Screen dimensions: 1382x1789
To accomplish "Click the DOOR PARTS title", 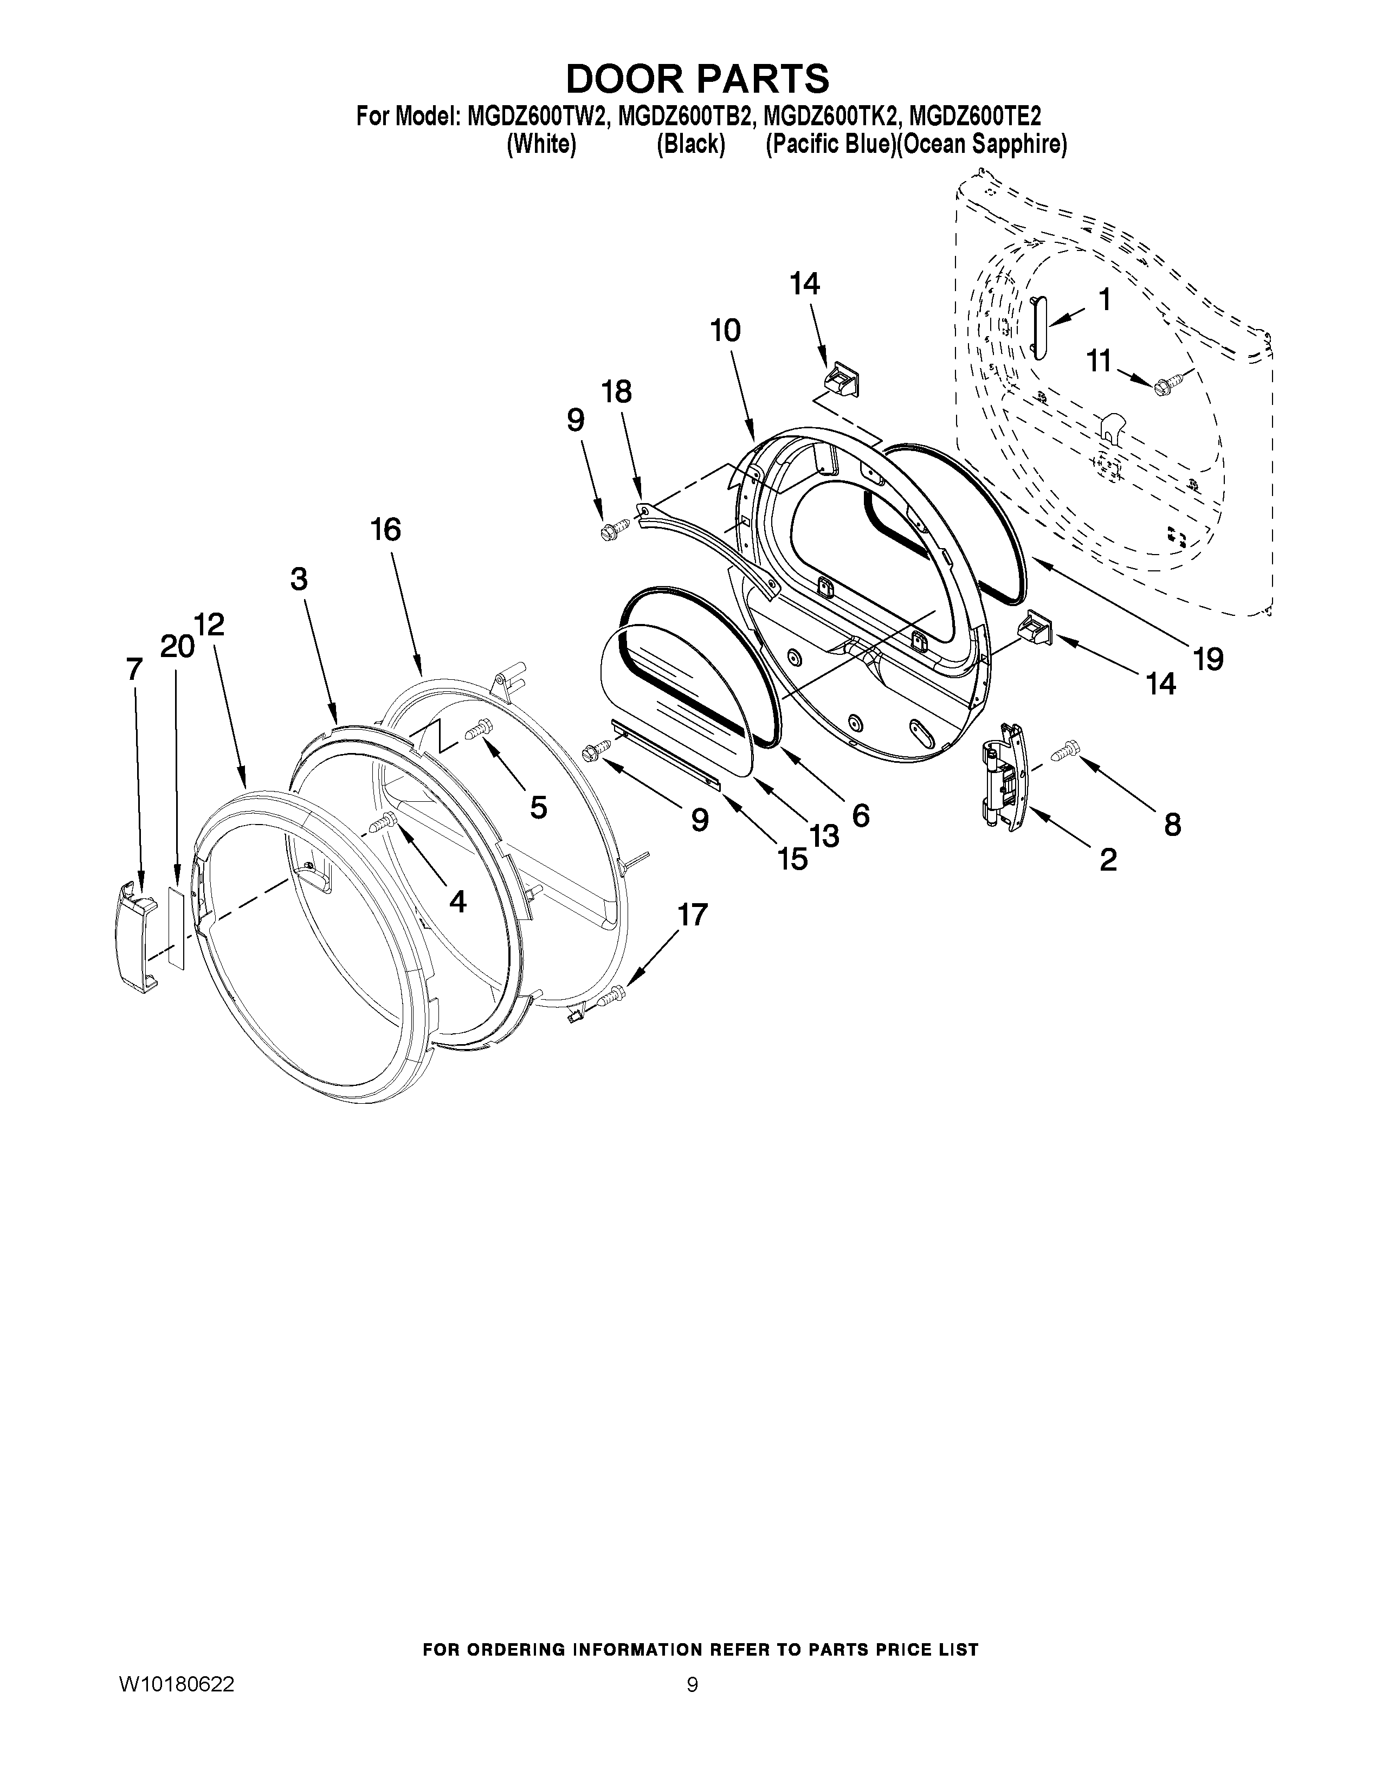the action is (698, 79).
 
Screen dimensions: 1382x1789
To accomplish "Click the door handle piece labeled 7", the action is (136, 936).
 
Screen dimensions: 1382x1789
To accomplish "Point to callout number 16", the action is (386, 530).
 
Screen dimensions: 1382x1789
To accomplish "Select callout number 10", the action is (725, 330).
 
